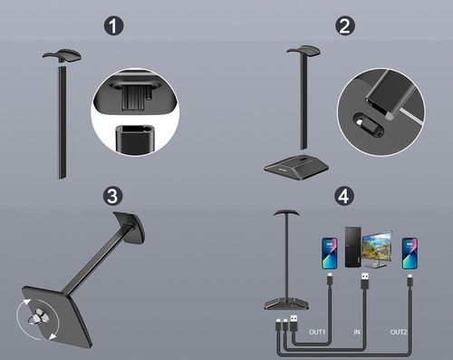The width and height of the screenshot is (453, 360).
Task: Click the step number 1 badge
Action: point(114,26)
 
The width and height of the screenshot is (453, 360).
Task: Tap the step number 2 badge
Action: point(345,26)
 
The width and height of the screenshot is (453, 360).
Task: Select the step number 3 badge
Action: point(112,196)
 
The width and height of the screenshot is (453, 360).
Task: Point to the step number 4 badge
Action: point(344,196)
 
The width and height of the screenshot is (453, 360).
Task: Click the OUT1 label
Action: point(317,332)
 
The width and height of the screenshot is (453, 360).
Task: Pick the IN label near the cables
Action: point(357,332)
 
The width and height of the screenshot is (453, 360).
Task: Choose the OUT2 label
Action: point(399,332)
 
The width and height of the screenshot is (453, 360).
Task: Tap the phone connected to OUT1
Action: point(330,253)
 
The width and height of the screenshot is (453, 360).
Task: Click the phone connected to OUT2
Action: point(410,253)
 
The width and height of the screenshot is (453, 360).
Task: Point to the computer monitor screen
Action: point(377,248)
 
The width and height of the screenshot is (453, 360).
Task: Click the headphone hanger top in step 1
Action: point(63,55)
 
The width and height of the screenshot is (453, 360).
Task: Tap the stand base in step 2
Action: point(296,168)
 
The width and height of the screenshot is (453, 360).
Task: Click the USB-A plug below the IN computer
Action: point(365,281)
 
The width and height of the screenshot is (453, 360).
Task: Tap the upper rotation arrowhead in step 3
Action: point(27,302)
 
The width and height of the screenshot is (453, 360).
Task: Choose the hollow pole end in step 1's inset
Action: point(135,139)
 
